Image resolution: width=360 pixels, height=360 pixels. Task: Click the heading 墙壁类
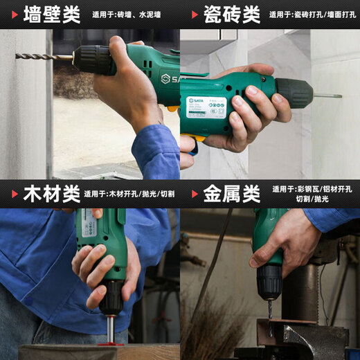point(51,14)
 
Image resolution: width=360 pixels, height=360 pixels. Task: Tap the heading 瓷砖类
point(232,14)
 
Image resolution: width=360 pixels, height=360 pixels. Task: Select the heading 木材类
point(42,194)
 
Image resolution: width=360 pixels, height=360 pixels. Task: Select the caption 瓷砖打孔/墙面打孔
point(314,15)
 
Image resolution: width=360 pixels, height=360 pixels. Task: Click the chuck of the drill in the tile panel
point(294,93)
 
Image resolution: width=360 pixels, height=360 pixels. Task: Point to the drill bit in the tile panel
point(327,95)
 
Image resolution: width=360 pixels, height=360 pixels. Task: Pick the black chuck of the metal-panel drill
point(269,280)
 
